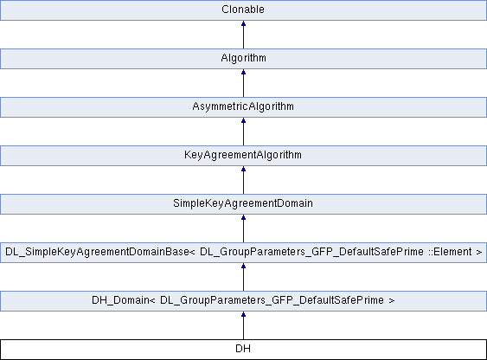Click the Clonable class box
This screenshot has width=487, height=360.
click(x=243, y=10)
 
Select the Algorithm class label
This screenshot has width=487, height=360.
click(x=244, y=58)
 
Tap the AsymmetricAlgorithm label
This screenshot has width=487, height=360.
click(x=243, y=106)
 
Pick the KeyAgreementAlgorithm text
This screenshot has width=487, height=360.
click(x=243, y=155)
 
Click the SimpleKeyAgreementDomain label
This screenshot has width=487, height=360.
click(x=243, y=203)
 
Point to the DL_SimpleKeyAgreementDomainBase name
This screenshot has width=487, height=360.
click(x=97, y=252)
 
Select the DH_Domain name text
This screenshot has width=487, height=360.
click(x=121, y=300)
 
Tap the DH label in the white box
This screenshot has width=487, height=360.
click(x=243, y=349)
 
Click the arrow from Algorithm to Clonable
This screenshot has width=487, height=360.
click(x=244, y=35)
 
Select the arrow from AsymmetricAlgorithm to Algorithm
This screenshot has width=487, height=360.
click(x=244, y=83)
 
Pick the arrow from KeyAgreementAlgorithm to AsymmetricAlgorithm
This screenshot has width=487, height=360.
click(x=244, y=132)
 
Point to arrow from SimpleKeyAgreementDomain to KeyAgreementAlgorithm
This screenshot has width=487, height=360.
click(x=244, y=180)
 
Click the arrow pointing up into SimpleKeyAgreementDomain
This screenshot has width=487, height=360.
click(x=244, y=228)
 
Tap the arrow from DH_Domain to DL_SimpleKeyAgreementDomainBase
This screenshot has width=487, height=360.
click(x=244, y=277)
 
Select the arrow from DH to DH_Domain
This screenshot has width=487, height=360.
click(x=244, y=325)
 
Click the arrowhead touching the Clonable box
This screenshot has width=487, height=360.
click(x=244, y=23)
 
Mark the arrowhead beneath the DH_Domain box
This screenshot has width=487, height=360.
click(x=244, y=314)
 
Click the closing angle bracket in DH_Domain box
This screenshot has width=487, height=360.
click(x=391, y=300)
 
